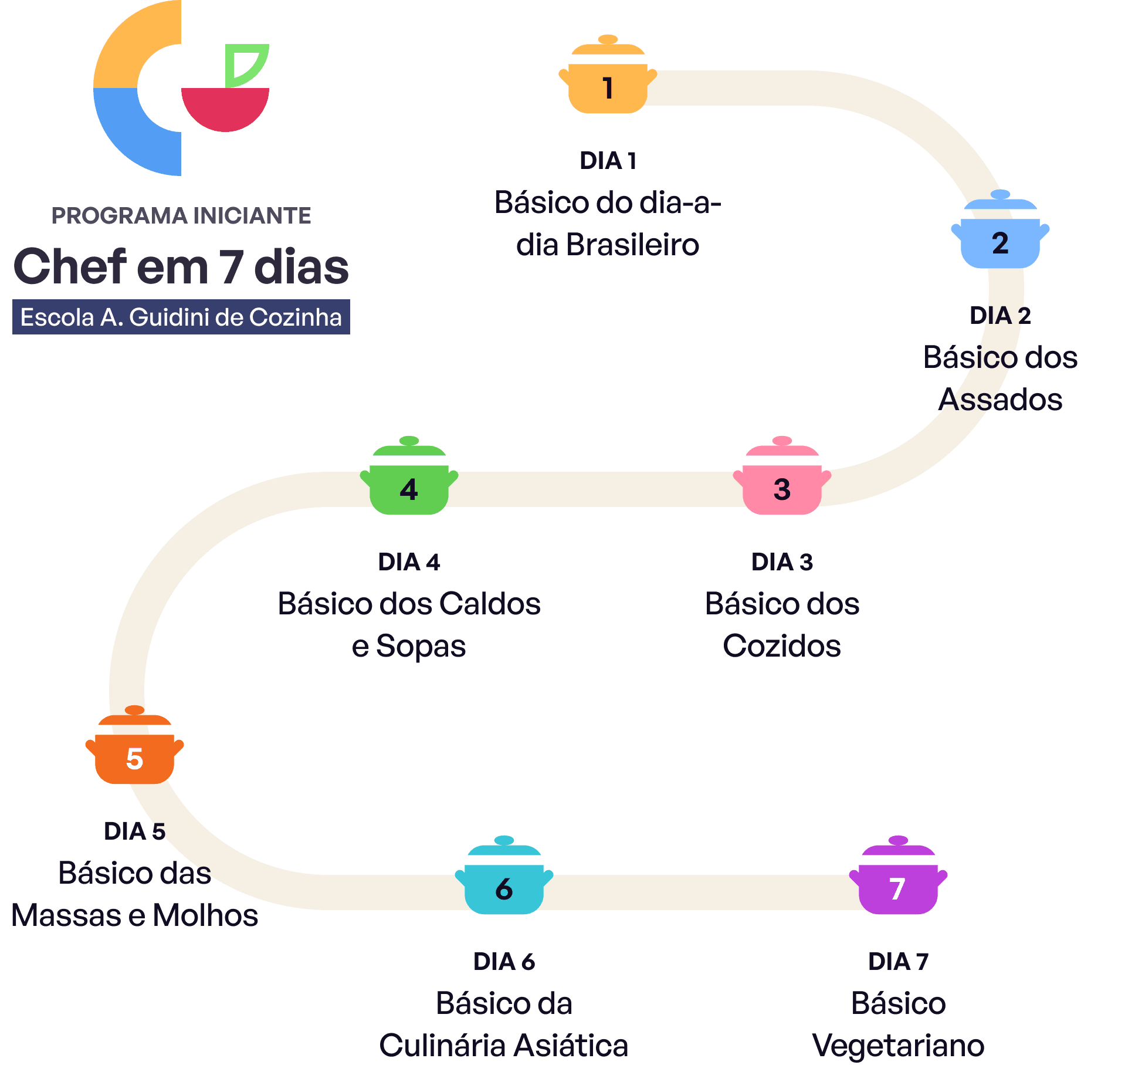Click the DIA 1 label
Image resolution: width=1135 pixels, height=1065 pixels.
pos(608,161)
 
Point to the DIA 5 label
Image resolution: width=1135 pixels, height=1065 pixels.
pos(134,831)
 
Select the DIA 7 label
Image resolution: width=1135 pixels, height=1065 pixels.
pos(898,962)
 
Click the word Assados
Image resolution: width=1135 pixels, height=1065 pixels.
pos(1000,400)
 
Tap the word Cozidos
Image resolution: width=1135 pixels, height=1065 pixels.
pos(782,646)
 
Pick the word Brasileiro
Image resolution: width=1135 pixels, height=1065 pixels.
pos(632,245)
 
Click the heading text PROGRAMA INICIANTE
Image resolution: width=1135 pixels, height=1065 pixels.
pos(181,216)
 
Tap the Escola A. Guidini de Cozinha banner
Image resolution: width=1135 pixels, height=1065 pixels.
pos(181,317)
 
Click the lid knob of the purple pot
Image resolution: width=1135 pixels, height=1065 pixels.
pos(898,840)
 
